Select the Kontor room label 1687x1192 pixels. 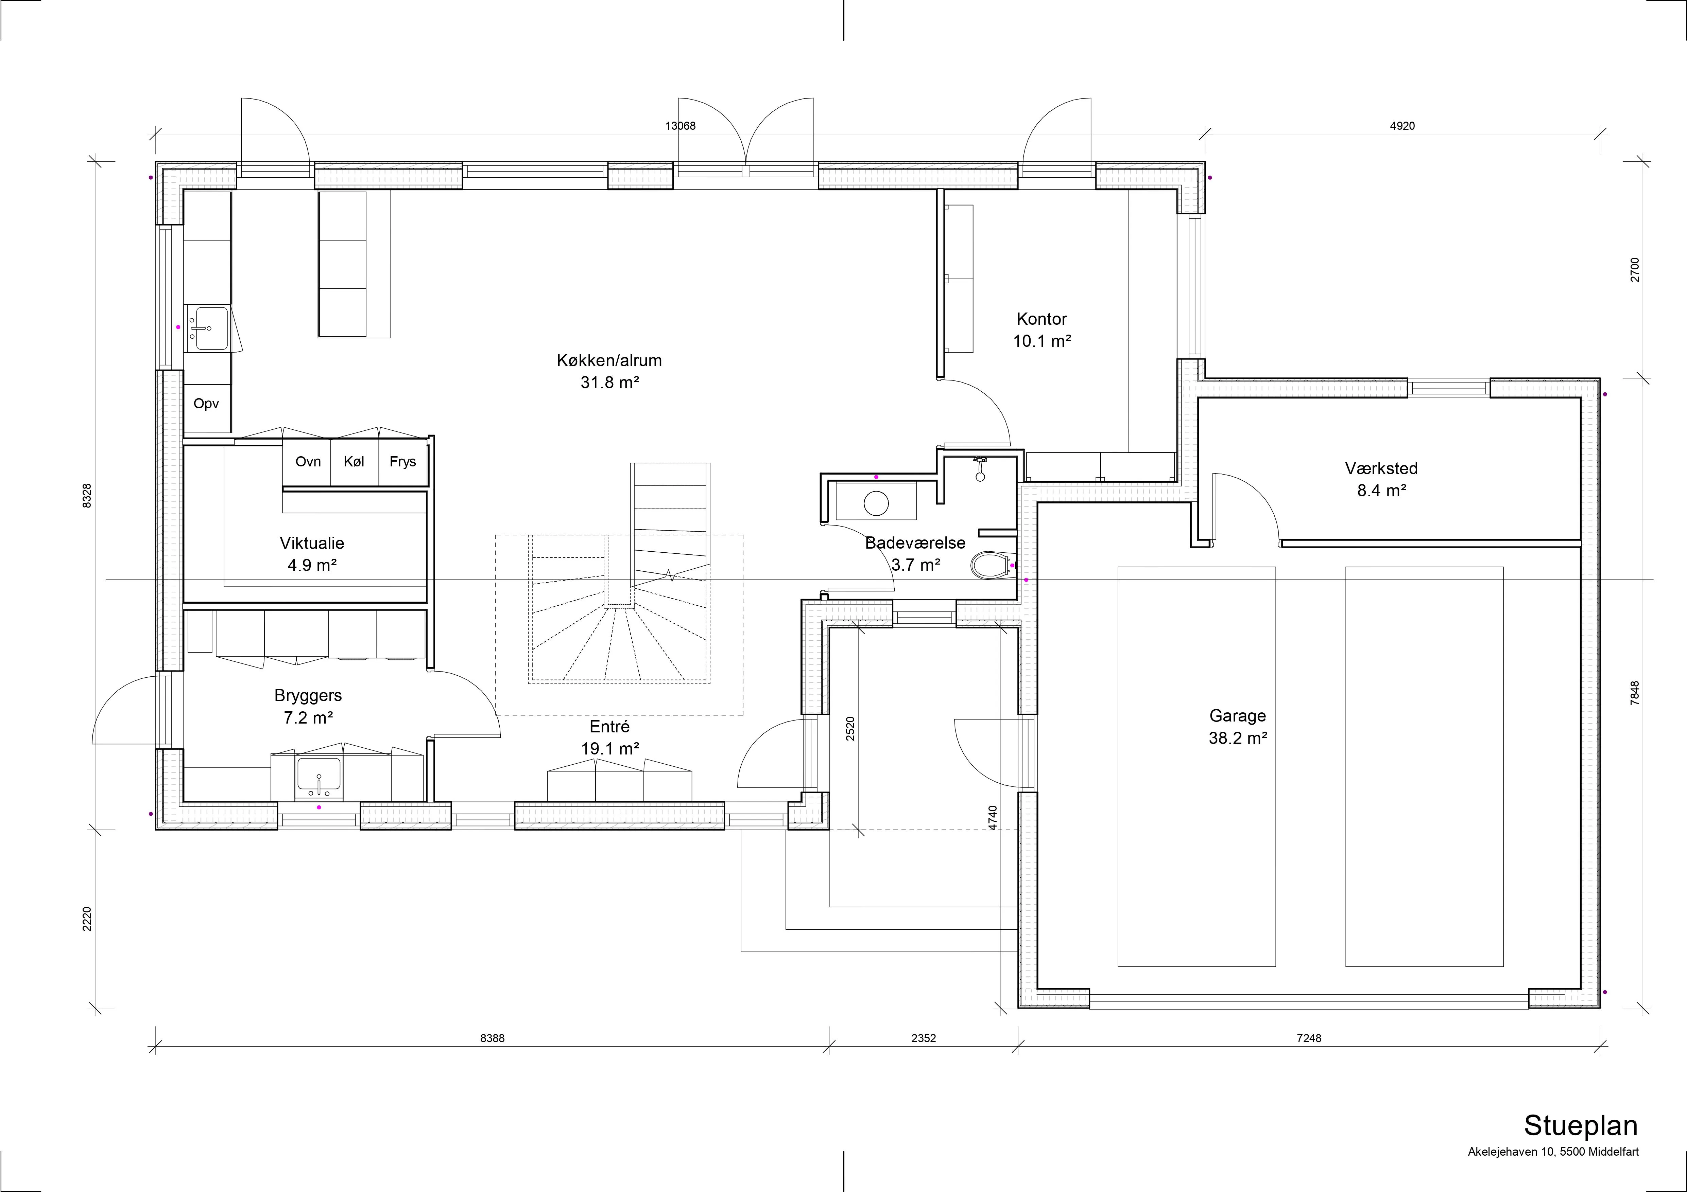[1042, 319]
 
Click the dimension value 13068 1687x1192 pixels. [681, 126]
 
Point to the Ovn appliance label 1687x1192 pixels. [308, 461]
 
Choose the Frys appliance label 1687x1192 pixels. [403, 461]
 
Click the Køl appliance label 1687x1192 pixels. [354, 461]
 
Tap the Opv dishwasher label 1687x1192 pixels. [206, 403]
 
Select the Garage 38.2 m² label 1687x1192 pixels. [1238, 726]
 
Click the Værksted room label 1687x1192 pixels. [1381, 468]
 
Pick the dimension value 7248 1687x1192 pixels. [1309, 1038]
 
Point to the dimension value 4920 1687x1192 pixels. [1402, 126]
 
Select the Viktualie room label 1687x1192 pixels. [312, 543]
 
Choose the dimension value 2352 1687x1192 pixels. [924, 1038]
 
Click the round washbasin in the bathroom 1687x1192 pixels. [877, 503]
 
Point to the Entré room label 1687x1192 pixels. [610, 726]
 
